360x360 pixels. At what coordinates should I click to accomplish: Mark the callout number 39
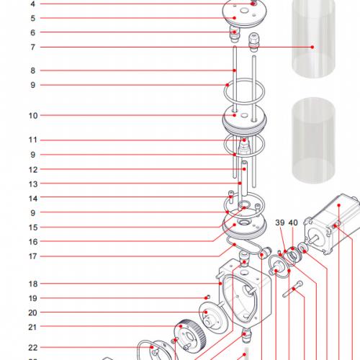pos(279,223)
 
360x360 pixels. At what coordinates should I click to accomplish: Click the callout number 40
pos(293,223)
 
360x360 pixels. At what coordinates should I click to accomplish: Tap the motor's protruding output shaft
pos(312,237)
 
